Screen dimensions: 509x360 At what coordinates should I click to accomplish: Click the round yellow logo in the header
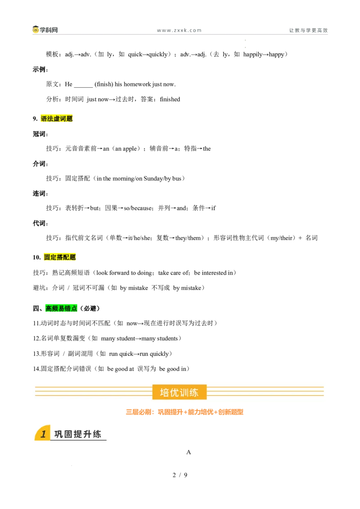click(36, 30)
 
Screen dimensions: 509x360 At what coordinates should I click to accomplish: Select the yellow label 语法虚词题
click(57, 118)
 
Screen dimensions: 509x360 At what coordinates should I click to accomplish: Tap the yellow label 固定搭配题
click(61, 257)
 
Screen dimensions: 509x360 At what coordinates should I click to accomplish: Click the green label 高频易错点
click(61, 308)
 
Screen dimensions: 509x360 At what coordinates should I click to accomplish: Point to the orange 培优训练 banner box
click(180, 392)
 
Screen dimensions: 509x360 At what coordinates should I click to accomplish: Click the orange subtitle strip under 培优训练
click(184, 412)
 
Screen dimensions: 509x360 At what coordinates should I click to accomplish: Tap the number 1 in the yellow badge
click(43, 434)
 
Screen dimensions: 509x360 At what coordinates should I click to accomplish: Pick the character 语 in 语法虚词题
click(44, 119)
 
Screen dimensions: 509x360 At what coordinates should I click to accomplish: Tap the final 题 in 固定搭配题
click(73, 257)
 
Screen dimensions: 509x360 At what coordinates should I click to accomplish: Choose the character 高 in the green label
click(49, 308)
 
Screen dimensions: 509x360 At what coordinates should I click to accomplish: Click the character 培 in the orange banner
click(165, 393)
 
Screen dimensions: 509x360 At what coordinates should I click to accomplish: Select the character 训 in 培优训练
click(184, 393)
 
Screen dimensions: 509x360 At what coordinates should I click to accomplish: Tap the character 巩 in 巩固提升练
click(59, 434)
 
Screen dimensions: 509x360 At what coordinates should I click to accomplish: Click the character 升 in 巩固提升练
click(87, 434)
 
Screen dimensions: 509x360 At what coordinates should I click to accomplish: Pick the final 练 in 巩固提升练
click(97, 434)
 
